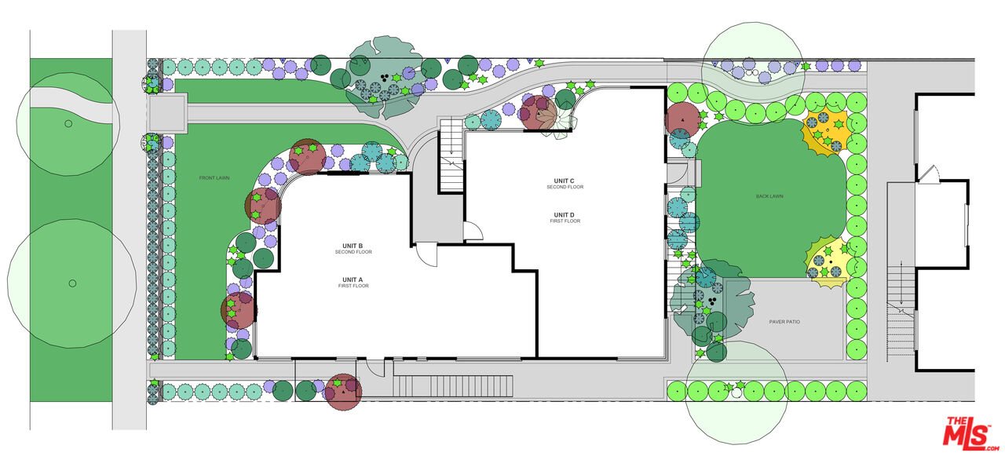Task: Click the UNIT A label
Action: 353,279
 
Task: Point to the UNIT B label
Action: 353,246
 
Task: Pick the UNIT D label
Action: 565,215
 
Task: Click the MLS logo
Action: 970,433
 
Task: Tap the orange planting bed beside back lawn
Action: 827,132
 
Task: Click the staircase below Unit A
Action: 453,385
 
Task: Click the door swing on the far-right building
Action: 929,173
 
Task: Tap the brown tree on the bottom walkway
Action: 343,391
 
